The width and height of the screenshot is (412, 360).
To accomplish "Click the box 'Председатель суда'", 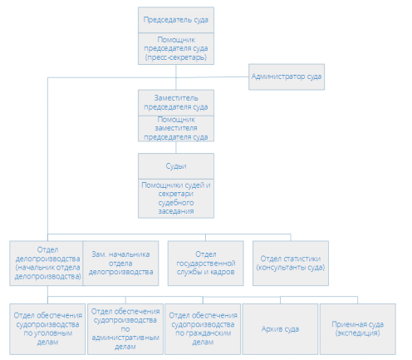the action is tap(176, 20).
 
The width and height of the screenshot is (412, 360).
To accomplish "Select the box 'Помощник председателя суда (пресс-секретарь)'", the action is tap(176, 49).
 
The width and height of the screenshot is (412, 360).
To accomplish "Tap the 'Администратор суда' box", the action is tap(287, 76).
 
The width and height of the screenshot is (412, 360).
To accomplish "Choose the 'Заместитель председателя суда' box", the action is tap(176, 103).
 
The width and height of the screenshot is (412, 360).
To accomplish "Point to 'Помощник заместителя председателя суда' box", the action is tap(176, 129).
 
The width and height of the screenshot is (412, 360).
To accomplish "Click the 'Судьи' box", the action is tap(176, 166).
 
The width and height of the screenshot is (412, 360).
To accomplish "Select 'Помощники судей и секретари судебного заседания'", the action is tap(176, 199).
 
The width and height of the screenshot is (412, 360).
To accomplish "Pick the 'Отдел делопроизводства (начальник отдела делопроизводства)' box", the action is tap(47, 264).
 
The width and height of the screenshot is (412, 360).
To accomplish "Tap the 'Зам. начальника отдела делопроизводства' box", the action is tap(120, 264).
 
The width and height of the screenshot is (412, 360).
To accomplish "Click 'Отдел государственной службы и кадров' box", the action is tap(205, 264).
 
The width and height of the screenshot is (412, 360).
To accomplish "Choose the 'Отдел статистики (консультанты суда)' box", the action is tap(291, 264).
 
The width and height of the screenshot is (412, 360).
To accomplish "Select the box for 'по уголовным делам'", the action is tap(47, 329).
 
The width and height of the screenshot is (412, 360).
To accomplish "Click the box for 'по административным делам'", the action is tap(125, 329).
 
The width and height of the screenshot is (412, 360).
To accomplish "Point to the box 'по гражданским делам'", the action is tap(203, 329).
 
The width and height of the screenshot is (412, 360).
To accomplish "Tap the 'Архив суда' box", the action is tap(280, 329).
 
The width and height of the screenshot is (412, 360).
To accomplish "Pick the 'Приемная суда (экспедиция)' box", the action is tap(358, 329).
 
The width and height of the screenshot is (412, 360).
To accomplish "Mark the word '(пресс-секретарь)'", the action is tap(176, 57).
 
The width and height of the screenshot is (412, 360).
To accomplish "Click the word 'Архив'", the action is tap(271, 329).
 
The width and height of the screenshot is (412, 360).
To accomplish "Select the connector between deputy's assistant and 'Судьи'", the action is tap(176, 147).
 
